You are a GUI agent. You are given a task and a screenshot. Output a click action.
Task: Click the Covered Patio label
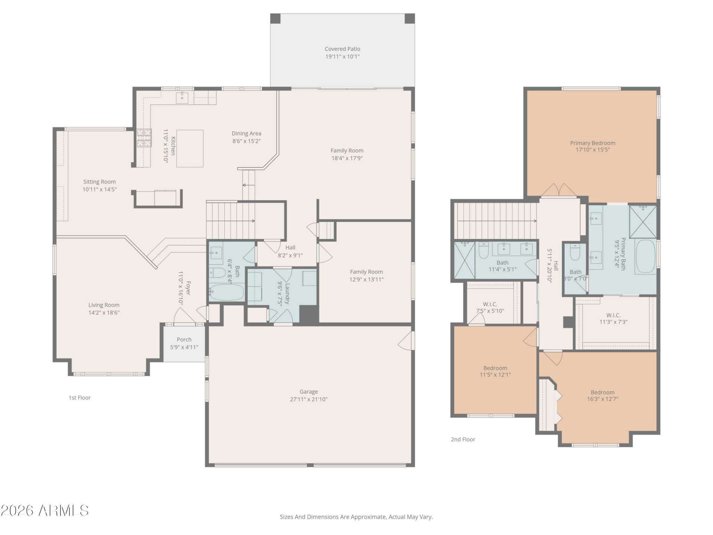[342, 49]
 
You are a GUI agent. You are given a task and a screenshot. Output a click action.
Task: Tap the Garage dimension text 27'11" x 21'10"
[309, 399]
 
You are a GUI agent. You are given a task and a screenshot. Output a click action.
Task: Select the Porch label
[184, 340]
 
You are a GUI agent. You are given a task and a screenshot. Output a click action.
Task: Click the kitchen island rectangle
[190, 149]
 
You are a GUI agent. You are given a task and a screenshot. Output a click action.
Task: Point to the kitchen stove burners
[144, 138]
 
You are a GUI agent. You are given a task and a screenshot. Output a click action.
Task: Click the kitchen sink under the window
[182, 97]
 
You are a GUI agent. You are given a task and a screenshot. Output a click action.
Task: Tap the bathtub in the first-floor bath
[226, 292]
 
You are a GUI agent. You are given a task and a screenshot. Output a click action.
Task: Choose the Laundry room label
[287, 294]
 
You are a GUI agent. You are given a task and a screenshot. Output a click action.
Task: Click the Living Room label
[104, 305]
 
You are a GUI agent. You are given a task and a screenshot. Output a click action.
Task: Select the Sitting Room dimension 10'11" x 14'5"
[100, 189]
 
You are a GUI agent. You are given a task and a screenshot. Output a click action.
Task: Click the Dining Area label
[247, 133]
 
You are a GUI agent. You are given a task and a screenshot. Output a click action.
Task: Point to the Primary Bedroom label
[593, 143]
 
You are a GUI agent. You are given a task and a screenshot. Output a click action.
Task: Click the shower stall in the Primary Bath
[643, 221]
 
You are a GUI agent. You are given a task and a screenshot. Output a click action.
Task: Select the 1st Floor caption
[79, 398]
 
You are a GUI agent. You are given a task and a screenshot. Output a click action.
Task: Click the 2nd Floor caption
[463, 439]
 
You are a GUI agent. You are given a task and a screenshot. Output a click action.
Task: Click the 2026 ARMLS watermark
[45, 510]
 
